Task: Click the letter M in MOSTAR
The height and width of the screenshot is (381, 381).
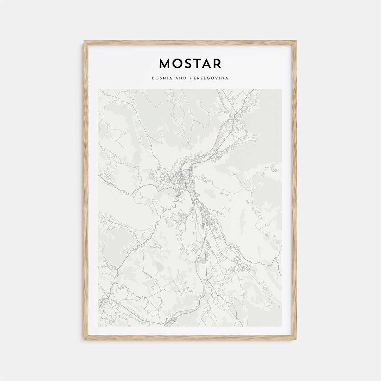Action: point(165,64)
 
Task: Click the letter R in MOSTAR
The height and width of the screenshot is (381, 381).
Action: point(218,64)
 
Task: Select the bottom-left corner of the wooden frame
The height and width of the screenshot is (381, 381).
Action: point(85,339)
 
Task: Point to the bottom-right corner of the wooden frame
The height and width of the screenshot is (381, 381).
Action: point(296,339)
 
